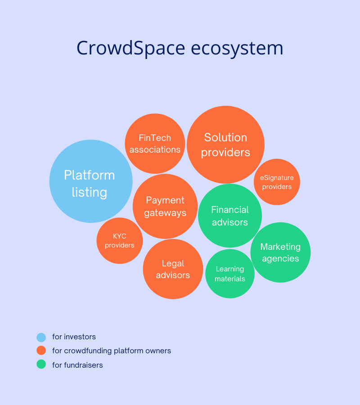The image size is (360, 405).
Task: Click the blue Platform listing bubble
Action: pyautogui.click(x=91, y=181)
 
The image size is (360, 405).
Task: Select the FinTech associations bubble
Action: pyautogui.click(x=155, y=144)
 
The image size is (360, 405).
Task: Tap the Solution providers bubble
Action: pyautogui.click(x=225, y=144)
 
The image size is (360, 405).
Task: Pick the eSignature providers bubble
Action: pyautogui.click(x=277, y=182)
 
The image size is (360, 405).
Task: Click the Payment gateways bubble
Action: pyautogui.click(x=165, y=206)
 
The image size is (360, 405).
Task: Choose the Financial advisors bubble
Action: pyautogui.click(x=230, y=216)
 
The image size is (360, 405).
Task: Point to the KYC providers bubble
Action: pyautogui.click(x=120, y=241)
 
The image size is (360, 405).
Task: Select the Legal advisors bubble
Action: pyautogui.click(x=173, y=269)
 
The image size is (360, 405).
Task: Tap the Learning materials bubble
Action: pyautogui.click(x=230, y=274)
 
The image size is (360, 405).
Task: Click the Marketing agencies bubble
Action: pyautogui.click(x=280, y=252)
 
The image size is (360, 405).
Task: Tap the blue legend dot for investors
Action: pyautogui.click(x=41, y=337)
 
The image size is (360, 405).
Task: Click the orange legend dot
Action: pyautogui.click(x=41, y=351)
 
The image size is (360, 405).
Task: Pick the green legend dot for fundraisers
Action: pyautogui.click(x=41, y=364)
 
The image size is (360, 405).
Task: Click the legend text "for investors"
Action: pyautogui.click(x=74, y=337)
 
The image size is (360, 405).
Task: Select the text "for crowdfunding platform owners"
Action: pyautogui.click(x=112, y=351)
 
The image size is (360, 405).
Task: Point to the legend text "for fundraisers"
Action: pyautogui.click(x=77, y=365)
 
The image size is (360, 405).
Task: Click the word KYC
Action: pyautogui.click(x=120, y=236)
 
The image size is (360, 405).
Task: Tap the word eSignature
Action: pyautogui.click(x=277, y=178)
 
